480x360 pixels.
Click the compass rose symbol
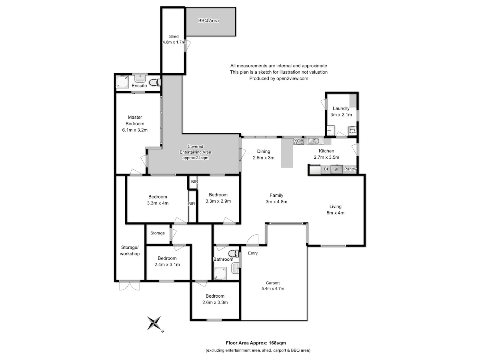click(155, 323)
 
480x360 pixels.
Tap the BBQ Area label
click(208, 20)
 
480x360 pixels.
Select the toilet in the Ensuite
click(155, 82)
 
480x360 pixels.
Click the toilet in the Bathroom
click(234, 254)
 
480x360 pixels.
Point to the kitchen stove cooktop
click(298, 141)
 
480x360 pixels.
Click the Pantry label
click(350, 169)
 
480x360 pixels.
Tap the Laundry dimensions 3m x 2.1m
click(341, 114)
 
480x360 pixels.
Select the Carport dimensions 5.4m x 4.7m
click(273, 288)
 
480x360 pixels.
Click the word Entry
click(253, 253)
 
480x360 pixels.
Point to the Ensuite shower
click(122, 82)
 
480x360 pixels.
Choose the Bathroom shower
click(220, 274)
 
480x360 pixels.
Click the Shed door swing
click(188, 46)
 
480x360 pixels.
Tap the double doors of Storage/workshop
click(130, 285)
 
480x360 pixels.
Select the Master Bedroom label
click(135, 120)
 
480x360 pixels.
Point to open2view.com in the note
click(292, 78)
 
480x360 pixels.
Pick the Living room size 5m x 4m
click(335, 213)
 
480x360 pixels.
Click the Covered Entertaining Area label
click(195, 152)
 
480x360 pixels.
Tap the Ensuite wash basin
click(140, 78)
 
